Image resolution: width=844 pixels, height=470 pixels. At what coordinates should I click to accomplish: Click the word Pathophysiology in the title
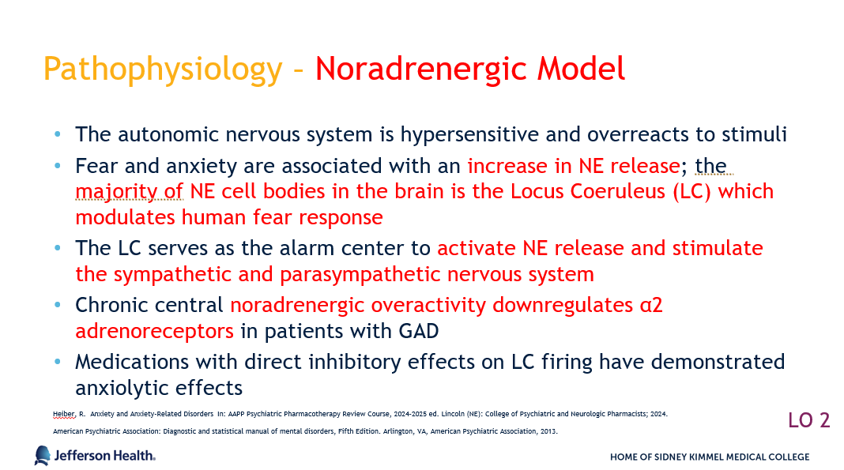point(163,70)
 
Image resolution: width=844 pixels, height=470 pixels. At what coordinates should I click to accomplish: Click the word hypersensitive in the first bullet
point(469,135)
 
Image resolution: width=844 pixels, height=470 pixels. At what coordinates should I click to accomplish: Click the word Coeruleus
point(588,191)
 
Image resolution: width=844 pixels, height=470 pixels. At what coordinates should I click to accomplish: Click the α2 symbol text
point(651,306)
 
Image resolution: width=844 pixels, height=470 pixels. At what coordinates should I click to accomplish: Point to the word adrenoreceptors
point(154,331)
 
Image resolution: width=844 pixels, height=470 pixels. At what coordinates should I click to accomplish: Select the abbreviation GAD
point(419,331)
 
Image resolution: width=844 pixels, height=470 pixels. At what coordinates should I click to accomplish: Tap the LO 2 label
point(809,420)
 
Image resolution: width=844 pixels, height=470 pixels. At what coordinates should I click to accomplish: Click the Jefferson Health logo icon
point(43,456)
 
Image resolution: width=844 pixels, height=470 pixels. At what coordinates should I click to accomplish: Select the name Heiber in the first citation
point(64,414)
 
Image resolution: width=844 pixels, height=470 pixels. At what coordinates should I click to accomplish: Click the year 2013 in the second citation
point(549,431)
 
